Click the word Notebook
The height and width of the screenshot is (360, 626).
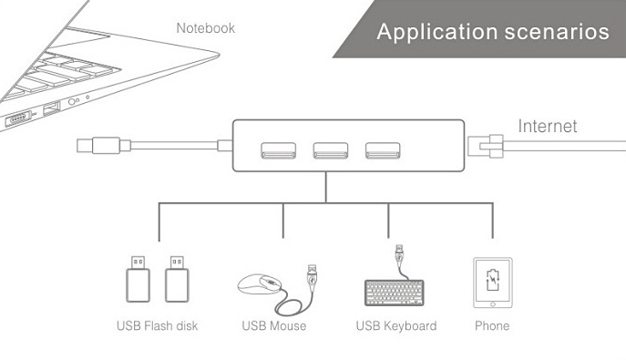click(x=206, y=28)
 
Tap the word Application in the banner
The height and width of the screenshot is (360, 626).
click(x=437, y=32)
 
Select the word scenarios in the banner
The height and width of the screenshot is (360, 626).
click(x=557, y=32)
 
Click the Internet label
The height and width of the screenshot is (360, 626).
click(x=548, y=126)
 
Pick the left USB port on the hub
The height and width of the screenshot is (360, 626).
click(x=278, y=150)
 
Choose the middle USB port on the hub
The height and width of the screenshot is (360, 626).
click(x=331, y=150)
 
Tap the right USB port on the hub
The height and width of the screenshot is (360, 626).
click(x=383, y=150)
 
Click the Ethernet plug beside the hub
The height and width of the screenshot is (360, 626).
click(x=486, y=146)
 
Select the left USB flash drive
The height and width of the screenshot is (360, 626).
click(x=139, y=279)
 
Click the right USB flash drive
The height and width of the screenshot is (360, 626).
click(x=178, y=279)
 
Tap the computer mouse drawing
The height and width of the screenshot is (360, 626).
click(x=260, y=284)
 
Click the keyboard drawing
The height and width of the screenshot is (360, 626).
click(x=394, y=293)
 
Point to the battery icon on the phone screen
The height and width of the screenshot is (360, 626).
click(x=493, y=280)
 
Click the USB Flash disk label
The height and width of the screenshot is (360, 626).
click(x=158, y=325)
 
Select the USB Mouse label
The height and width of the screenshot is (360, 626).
click(x=274, y=325)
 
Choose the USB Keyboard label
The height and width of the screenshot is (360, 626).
click(x=396, y=325)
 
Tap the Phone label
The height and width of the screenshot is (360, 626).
click(x=492, y=325)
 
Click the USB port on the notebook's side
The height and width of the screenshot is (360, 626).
click(x=52, y=108)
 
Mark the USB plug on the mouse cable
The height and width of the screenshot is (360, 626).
click(x=312, y=276)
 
